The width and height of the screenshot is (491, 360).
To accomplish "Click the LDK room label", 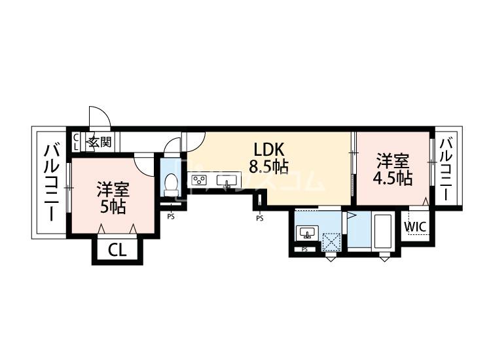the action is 268,150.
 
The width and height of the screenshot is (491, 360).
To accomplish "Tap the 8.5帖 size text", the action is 268,166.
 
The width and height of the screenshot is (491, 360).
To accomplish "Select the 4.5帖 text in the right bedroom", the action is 392,179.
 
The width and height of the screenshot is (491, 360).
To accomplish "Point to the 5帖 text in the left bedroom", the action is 113,207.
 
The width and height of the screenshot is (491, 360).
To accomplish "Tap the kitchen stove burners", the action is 199,181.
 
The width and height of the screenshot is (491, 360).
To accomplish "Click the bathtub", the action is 383,231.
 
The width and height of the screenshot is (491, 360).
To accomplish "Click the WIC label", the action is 415,226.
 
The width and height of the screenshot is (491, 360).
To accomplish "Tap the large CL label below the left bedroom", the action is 117,250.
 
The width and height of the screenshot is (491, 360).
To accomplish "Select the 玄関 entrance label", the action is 100,142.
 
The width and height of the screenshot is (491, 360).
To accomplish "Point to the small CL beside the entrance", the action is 76,142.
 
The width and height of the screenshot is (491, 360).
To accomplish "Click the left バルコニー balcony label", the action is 52,183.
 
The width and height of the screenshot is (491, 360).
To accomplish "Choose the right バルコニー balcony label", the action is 447,169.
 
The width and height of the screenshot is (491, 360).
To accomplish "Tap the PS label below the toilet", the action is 171,216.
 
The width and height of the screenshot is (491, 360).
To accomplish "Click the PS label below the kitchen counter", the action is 260,219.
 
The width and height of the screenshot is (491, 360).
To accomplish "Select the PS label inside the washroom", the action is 304,249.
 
